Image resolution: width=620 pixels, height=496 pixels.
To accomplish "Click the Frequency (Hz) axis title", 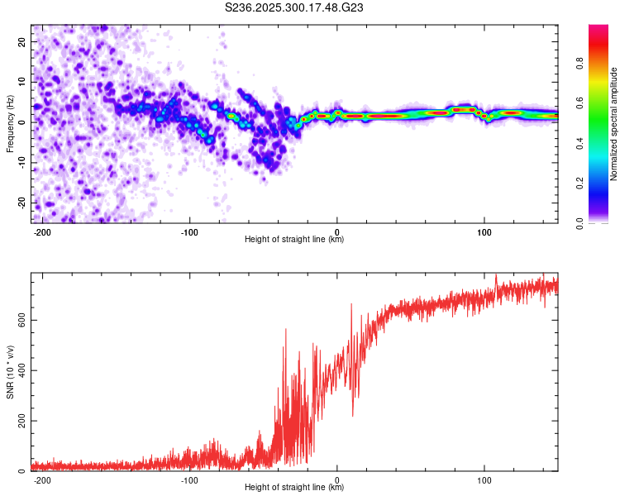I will coord(11,122).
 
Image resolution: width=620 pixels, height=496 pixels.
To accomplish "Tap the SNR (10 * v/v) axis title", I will coord(11,372).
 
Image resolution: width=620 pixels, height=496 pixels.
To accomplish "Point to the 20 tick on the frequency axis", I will coord(22,41).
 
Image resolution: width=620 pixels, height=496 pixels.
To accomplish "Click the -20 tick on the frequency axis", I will coord(21,203).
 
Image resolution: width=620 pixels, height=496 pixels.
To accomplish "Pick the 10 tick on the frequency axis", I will coord(22,82).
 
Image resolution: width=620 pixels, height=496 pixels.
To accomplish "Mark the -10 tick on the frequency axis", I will coord(21,162).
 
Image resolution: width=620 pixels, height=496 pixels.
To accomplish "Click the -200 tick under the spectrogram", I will coord(42,231).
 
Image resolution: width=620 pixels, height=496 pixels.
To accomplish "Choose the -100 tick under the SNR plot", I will coord(189,479).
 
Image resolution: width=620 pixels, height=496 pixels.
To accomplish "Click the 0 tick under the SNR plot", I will coord(337,479).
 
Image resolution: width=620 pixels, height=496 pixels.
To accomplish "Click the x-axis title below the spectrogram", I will coord(294,240).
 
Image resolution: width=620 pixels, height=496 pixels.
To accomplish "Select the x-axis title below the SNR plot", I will coord(294,488).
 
